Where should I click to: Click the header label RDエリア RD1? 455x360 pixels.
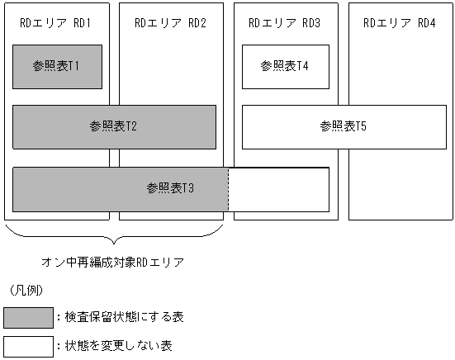point(55,22)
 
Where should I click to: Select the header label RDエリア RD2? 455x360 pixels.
point(170,22)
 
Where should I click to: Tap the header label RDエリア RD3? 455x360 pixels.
point(285,22)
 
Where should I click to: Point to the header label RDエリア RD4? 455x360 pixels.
point(400,22)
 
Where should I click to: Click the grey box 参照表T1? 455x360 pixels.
point(57,66)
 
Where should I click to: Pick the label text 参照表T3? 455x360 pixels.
point(170,188)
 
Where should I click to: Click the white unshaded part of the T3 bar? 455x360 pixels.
point(278,189)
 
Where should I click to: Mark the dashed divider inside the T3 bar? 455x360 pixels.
point(228,189)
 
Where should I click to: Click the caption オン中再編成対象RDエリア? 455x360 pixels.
point(112,262)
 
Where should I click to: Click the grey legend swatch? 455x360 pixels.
point(28,317)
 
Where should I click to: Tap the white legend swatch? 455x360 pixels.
point(28,345)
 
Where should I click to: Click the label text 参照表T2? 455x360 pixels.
point(113,126)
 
